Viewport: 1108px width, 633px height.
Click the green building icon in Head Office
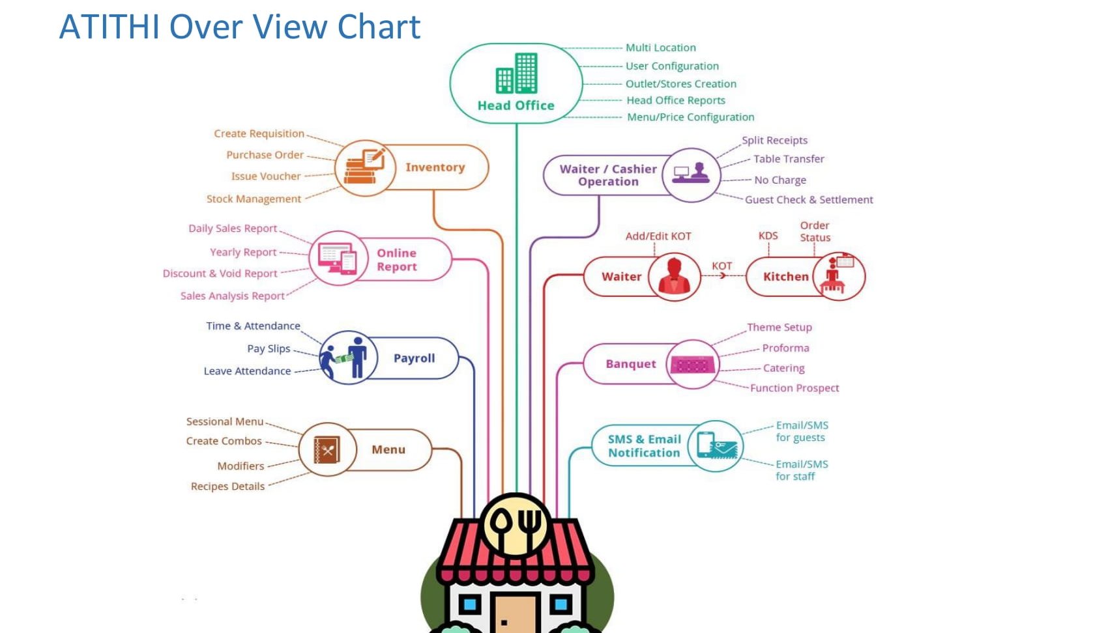[516, 74]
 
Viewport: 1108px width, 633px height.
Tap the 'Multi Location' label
[660, 48]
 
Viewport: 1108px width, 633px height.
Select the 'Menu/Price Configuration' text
[690, 117]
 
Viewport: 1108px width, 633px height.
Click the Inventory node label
[435, 167]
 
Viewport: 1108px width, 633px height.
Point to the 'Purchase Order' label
[265, 155]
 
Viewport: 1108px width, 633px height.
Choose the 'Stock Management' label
[254, 199]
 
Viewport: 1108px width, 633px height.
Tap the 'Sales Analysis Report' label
[232, 296]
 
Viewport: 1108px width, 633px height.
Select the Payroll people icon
[346, 358]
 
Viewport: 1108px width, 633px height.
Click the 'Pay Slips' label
[269, 348]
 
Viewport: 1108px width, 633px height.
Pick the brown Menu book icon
[327, 449]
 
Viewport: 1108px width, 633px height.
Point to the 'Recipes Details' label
[227, 486]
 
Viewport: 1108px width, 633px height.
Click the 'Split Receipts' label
[774, 140]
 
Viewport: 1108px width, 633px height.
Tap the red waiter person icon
[674, 276]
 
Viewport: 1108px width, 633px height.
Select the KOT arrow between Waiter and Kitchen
[722, 275]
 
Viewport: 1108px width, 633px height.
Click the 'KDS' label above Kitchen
[768, 236]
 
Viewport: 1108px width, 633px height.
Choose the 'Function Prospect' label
[794, 388]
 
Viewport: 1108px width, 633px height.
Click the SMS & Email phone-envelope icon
[716, 446]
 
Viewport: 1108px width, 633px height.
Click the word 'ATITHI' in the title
[109, 27]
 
